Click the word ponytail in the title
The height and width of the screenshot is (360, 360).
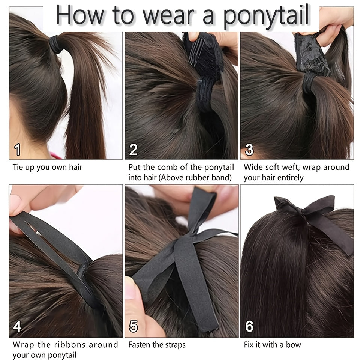pyautogui.click(x=267, y=16)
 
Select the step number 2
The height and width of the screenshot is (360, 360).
pyautogui.click(x=133, y=150)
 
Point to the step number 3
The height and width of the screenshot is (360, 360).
pyautogui.click(x=249, y=150)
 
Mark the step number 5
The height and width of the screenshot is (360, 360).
pyautogui.click(x=133, y=326)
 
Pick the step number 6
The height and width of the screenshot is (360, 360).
pyautogui.click(x=249, y=326)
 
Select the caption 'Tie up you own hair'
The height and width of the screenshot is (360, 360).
pyautogui.click(x=48, y=167)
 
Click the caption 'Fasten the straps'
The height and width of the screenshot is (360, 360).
pyautogui.click(x=157, y=344)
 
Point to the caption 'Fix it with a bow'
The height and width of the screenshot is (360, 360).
pyautogui.click(x=272, y=344)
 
